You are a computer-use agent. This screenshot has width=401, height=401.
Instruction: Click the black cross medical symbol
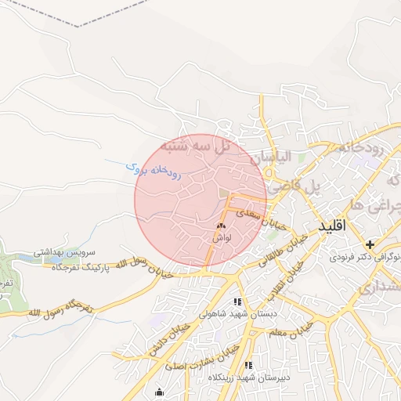[370, 244]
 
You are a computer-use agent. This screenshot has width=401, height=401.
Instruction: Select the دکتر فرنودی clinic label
[363, 256]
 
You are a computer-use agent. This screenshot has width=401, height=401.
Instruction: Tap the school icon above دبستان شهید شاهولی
[237, 302]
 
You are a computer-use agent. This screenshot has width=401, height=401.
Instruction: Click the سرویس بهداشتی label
[64, 254]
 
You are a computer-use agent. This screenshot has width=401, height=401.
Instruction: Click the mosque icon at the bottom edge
[161, 392]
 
